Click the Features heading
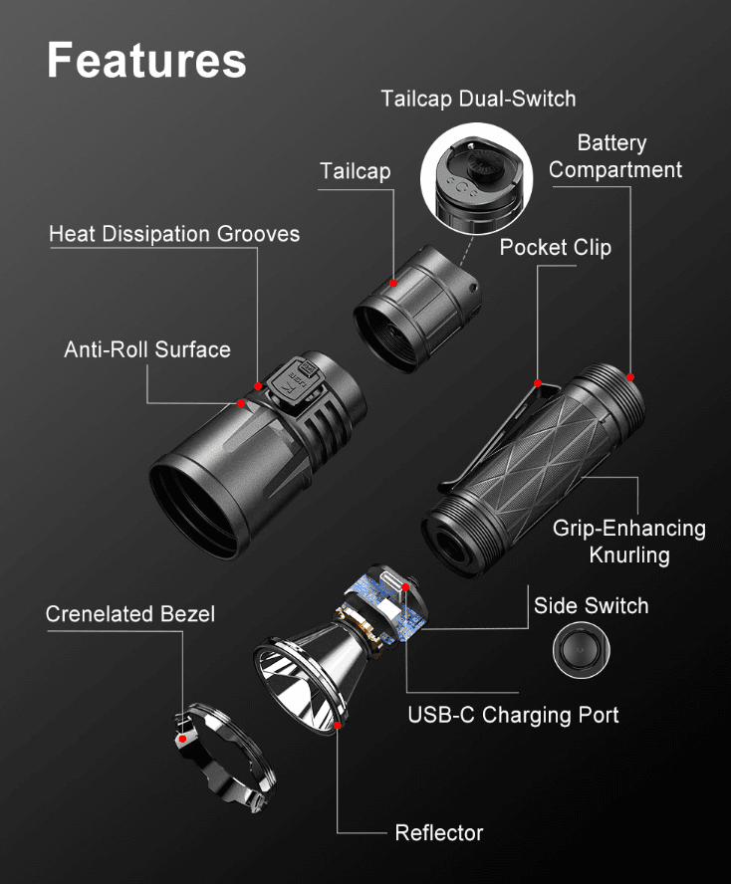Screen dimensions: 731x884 click(x=146, y=61)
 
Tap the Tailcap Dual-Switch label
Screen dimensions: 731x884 click(x=478, y=99)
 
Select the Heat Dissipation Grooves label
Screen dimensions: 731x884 click(x=174, y=233)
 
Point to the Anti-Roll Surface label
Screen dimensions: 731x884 click(x=147, y=349)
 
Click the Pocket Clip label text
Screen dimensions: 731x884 click(x=555, y=248)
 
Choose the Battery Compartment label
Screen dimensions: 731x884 click(x=614, y=156)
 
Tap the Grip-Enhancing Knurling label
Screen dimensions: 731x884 click(x=628, y=542)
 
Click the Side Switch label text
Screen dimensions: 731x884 click(x=591, y=605)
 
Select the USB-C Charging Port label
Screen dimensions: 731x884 click(x=513, y=715)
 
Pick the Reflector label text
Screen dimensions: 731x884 click(x=439, y=832)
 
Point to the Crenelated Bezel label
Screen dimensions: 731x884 click(x=129, y=614)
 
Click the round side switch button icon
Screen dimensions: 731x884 click(x=581, y=650)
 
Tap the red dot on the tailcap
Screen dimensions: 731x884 click(x=393, y=283)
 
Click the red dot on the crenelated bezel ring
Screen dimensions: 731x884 click(x=182, y=739)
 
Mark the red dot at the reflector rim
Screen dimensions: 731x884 click(x=338, y=726)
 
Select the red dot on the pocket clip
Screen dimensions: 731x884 click(x=538, y=383)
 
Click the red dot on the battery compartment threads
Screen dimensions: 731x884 click(x=630, y=377)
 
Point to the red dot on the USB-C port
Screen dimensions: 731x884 click(x=405, y=588)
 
